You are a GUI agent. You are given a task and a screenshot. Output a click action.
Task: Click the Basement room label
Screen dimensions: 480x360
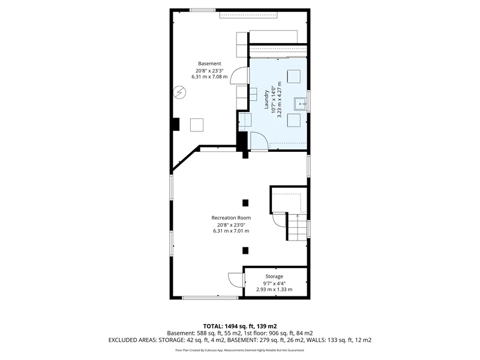pyautogui.click(x=209, y=64)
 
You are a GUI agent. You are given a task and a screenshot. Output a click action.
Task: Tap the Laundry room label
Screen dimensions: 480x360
pyautogui.click(x=266, y=99)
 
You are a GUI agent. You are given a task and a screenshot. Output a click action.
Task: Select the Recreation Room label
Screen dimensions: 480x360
pyautogui.click(x=231, y=218)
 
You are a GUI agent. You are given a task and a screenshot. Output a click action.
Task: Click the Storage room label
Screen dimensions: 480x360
pyautogui.click(x=274, y=277)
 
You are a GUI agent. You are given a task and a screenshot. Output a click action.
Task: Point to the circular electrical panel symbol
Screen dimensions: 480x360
pyautogui.click(x=179, y=92)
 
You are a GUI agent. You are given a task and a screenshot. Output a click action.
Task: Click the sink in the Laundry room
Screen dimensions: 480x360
pyautogui.click(x=301, y=104)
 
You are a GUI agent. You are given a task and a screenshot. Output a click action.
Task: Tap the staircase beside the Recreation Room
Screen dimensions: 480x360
pyautogui.click(x=297, y=227)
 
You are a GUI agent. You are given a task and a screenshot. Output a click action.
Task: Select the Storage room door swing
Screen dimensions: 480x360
pyautogui.click(x=236, y=280)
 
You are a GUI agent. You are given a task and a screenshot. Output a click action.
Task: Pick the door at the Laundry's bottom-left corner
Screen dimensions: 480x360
pyautogui.click(x=259, y=141)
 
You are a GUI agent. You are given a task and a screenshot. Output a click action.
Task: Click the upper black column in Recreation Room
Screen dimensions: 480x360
pyautogui.click(x=245, y=203)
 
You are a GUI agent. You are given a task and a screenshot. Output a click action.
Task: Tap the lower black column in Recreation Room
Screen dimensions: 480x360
pyautogui.click(x=245, y=251)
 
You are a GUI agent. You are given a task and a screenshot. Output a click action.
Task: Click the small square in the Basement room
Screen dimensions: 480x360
pyautogui.click(x=197, y=125)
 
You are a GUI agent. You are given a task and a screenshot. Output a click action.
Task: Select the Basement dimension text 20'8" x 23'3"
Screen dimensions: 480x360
pyautogui.click(x=208, y=70)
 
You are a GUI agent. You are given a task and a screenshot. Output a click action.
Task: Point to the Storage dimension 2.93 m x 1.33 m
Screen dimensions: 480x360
pyautogui.click(x=274, y=289)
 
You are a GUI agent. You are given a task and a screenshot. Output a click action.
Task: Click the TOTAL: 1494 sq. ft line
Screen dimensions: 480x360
pyautogui.click(x=240, y=326)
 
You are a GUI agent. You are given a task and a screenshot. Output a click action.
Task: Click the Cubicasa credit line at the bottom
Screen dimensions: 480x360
pyautogui.click(x=240, y=350)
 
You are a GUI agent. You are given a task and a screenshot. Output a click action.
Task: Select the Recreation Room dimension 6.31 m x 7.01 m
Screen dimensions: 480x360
pyautogui.click(x=231, y=231)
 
